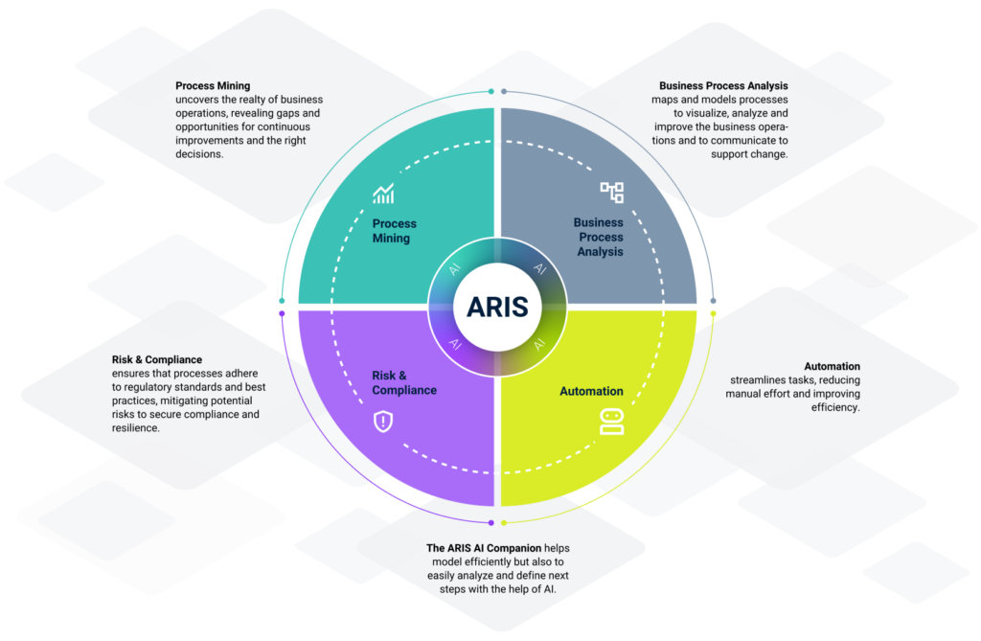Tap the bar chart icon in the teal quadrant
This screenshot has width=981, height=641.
point(384,195)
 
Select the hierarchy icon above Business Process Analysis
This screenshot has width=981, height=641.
point(611,192)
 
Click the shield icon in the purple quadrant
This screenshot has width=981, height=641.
point(383,421)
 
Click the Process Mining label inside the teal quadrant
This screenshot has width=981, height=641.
point(394,231)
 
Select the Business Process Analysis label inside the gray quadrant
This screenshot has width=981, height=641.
point(599,237)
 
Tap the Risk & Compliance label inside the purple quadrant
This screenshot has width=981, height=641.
point(403,383)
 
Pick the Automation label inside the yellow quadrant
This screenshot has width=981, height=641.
point(591,391)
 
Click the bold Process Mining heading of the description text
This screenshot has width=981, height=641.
point(213,86)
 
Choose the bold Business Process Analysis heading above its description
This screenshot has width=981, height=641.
point(723,86)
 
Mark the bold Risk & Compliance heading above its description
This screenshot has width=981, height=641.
point(157,360)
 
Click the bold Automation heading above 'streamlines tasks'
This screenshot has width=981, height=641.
point(832,366)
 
